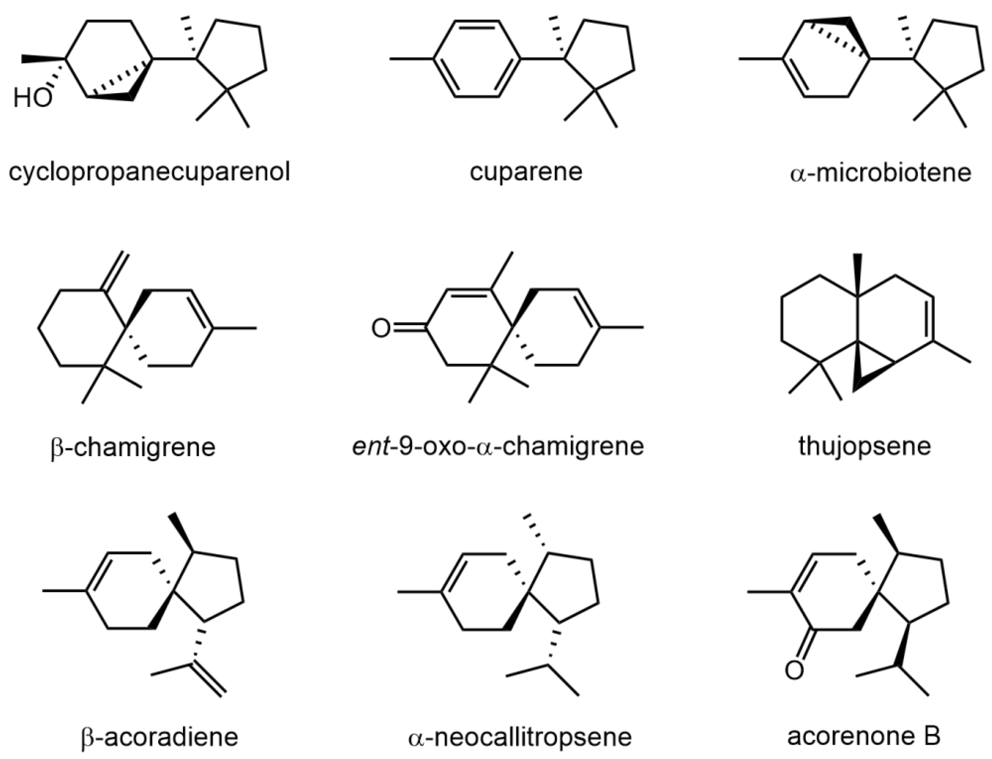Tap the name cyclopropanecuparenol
pyautogui.click(x=149, y=173)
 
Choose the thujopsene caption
pyautogui.click(x=865, y=446)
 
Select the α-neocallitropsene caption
pyautogui.click(x=520, y=737)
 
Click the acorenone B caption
pyautogui.click(x=864, y=736)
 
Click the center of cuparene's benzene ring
pyautogui.click(x=477, y=59)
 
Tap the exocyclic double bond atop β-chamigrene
pyautogui.click(x=115, y=271)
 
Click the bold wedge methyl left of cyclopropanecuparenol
pyautogui.click(x=43, y=59)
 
